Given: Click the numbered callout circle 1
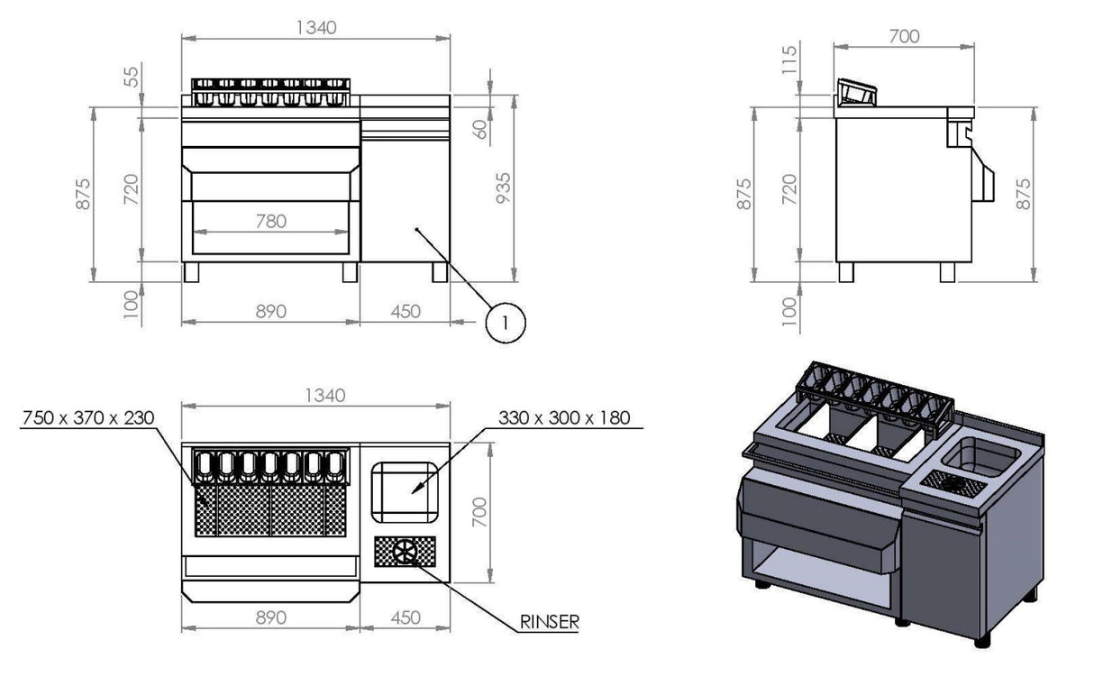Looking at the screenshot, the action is click(x=506, y=323).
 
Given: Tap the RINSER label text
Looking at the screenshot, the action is click(x=550, y=622).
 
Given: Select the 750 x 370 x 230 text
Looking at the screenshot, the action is click(x=88, y=417).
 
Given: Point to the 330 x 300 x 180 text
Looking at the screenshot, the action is click(x=564, y=417).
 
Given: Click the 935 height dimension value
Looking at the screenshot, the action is click(x=503, y=188).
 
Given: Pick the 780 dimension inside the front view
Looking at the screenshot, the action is click(x=271, y=221).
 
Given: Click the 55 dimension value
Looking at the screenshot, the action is click(x=132, y=77).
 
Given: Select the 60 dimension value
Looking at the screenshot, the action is click(x=481, y=130).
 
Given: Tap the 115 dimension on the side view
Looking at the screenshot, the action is click(x=789, y=59).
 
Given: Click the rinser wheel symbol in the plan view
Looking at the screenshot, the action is click(x=405, y=552).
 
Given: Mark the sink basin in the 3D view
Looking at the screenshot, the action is click(x=980, y=456).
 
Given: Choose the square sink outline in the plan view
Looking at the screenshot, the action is click(x=405, y=492).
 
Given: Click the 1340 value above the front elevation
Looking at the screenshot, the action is click(x=316, y=28).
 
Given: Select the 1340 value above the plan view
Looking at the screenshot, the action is click(x=324, y=395).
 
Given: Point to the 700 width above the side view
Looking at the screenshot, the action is click(x=904, y=37).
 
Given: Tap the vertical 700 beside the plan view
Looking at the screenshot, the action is click(x=480, y=512).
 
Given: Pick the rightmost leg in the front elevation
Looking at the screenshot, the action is click(x=440, y=272).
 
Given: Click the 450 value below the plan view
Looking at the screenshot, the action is click(x=406, y=618).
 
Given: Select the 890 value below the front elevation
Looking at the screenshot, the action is click(x=271, y=311).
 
